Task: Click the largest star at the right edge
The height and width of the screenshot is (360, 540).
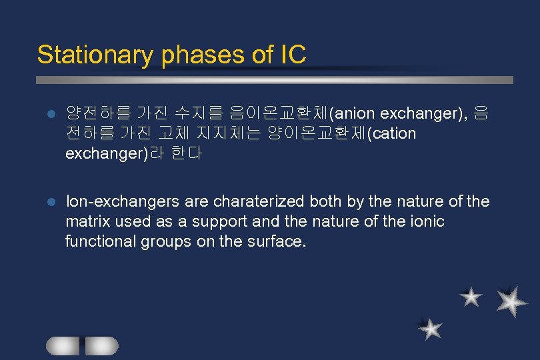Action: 511,301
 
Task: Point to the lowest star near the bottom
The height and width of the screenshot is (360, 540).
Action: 431,329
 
